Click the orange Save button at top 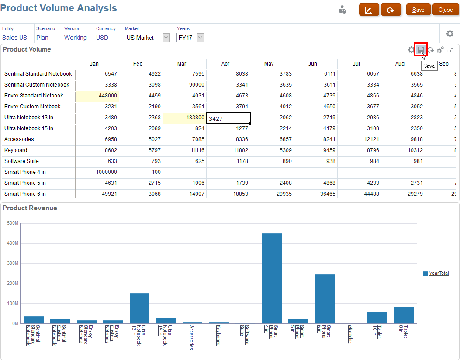418,10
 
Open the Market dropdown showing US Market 147,38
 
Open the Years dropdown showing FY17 190,38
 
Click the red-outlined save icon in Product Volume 421,50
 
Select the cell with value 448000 97,96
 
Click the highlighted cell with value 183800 184,118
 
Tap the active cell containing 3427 228,118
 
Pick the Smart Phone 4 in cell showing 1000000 97,172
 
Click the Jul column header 359,64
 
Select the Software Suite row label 21,161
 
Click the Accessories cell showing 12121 359,139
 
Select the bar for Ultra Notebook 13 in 139,308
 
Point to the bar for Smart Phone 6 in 325,299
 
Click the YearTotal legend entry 439,273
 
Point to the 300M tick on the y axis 13,263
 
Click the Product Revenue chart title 30,208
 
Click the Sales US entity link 14,38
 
